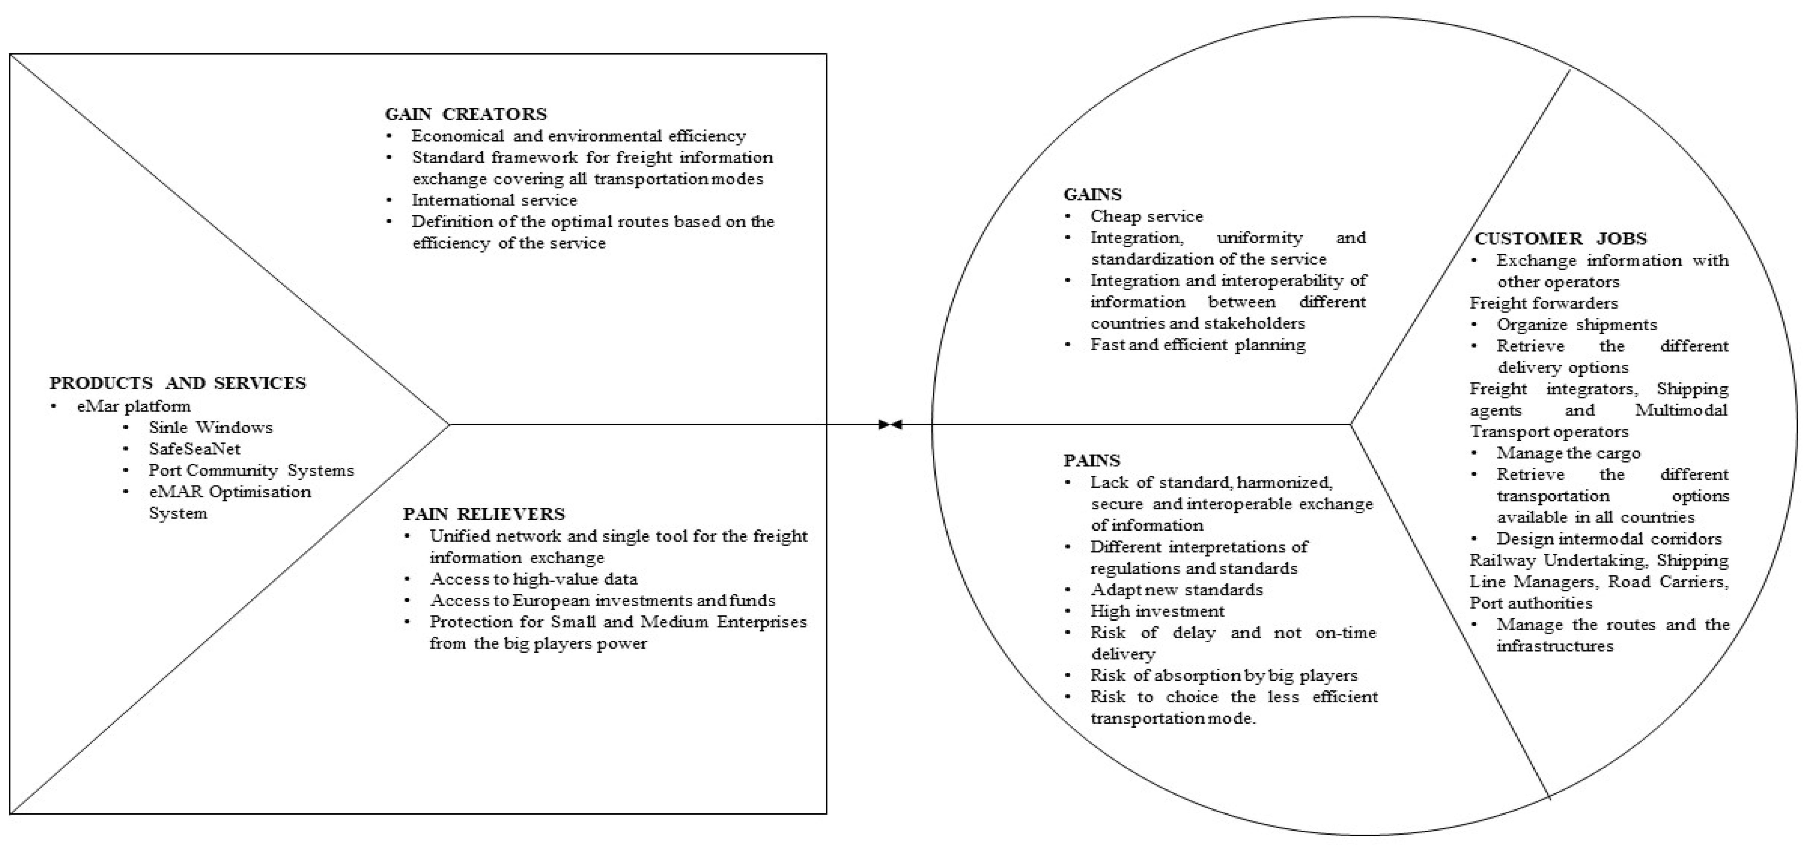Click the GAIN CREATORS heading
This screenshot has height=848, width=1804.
466,114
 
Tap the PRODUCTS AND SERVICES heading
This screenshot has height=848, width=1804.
178,383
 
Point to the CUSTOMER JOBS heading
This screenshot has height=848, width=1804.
1560,239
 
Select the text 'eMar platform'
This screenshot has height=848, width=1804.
133,406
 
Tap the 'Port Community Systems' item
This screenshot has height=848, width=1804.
251,471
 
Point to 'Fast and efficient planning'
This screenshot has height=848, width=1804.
1198,344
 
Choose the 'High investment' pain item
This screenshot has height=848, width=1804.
1157,611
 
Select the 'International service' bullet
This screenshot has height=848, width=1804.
494,200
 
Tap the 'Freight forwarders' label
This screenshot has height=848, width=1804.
1543,303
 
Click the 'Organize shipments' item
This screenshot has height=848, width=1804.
1576,325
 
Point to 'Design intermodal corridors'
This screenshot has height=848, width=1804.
1609,538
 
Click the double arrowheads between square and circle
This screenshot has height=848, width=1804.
890,424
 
